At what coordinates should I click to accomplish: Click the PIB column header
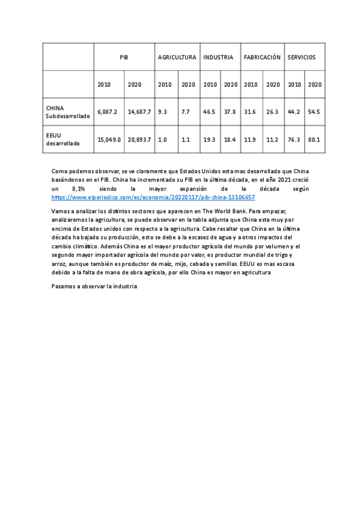click(124, 57)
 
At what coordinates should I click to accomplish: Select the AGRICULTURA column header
click(177, 57)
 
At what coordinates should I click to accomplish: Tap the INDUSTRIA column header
click(218, 57)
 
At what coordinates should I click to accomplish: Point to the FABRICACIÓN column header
click(262, 57)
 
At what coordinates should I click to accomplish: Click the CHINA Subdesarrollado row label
click(67, 112)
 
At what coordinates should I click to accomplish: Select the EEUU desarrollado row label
click(63, 140)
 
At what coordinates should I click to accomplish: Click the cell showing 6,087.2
click(108, 112)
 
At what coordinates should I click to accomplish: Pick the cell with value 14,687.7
click(139, 112)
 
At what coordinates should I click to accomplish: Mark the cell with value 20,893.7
click(139, 140)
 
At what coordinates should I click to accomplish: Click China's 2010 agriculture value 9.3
click(162, 112)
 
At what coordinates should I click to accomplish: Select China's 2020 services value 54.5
click(314, 112)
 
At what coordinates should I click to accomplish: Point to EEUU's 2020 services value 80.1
click(314, 140)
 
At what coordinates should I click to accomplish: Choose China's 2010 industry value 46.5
click(209, 112)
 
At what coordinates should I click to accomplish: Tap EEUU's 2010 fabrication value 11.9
click(250, 140)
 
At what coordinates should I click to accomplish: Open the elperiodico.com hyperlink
click(153, 197)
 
